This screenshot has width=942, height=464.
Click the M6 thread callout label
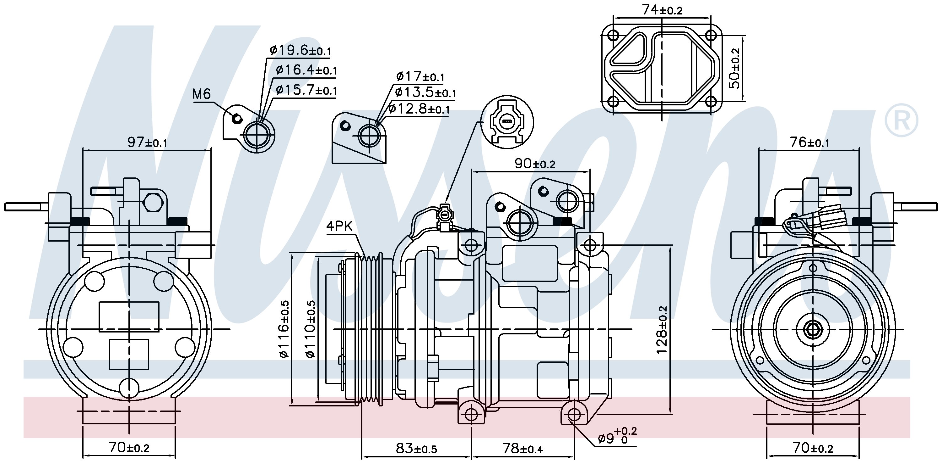click(202, 94)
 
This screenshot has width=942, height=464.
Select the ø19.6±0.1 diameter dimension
click(300, 50)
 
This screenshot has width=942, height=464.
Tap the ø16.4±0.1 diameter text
click(306, 70)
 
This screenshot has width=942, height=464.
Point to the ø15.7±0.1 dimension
click(306, 89)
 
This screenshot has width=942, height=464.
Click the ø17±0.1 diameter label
click(420, 76)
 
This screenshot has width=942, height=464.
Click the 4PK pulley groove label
click(339, 226)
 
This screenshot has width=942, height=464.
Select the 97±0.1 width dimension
click(147, 142)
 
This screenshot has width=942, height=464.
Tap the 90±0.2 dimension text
click(535, 163)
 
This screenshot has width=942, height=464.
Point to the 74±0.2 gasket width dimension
click(662, 10)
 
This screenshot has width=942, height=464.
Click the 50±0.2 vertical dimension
click(735, 69)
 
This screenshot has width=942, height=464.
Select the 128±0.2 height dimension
click(662, 330)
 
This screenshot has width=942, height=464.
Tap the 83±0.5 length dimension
click(416, 448)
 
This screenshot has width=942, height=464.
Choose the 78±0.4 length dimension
click(522, 448)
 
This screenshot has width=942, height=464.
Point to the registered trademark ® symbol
click(901, 120)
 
